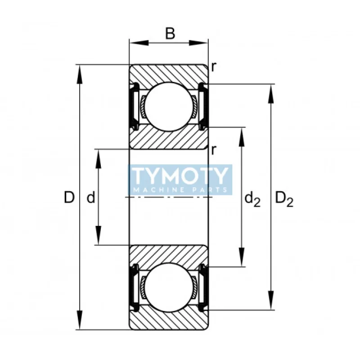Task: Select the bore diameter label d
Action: pos(91,198)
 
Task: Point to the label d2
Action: pos(252,199)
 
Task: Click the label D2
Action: pos(284,199)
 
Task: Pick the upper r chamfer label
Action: pos(213,67)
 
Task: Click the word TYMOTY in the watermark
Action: pos(180,176)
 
